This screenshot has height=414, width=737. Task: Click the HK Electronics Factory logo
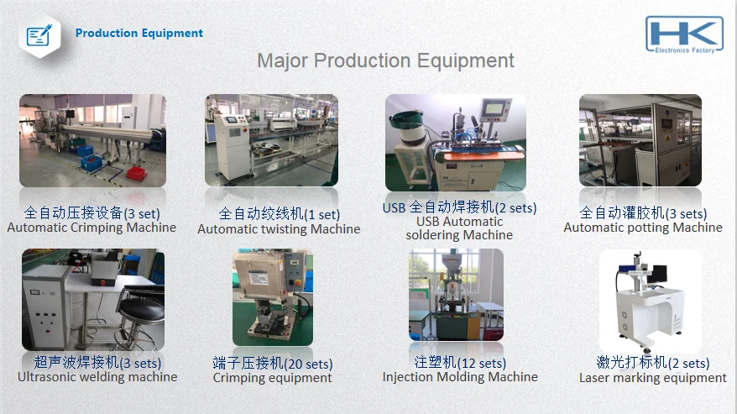pos(684,34)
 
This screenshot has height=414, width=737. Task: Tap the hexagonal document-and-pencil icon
pos(40,35)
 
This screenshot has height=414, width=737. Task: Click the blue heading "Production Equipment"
pos(139,33)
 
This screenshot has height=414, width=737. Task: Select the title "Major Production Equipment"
pos(385,60)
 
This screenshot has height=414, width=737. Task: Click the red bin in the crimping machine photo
pos(135,173)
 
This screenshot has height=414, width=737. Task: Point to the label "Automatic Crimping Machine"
pos(91,228)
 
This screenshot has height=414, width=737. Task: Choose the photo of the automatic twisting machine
pos(271,140)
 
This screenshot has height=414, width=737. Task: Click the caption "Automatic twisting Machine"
pos(279,229)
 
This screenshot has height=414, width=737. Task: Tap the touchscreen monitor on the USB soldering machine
pos(495,109)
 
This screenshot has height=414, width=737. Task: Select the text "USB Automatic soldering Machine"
pos(459,228)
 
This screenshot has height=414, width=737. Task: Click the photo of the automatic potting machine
pos(640,140)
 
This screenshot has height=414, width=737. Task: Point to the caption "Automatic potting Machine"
pos(643,228)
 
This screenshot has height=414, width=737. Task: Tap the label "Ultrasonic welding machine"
pos(97,377)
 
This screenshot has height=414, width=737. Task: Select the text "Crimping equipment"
pos(272,378)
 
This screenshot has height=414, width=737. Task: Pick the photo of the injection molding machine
pos(456,295)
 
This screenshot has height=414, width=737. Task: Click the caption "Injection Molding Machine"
pos(460,377)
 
